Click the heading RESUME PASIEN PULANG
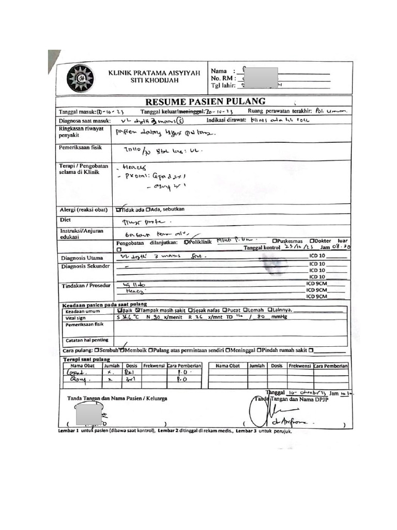tap(205, 101)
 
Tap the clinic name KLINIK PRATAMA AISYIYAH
tap(154, 73)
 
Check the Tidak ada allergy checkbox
tap(119, 210)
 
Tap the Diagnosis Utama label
tap(82, 258)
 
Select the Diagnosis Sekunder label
tap(85, 266)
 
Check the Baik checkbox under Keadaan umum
tap(120, 311)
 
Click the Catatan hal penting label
tap(86, 340)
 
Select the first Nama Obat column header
tap(82, 365)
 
